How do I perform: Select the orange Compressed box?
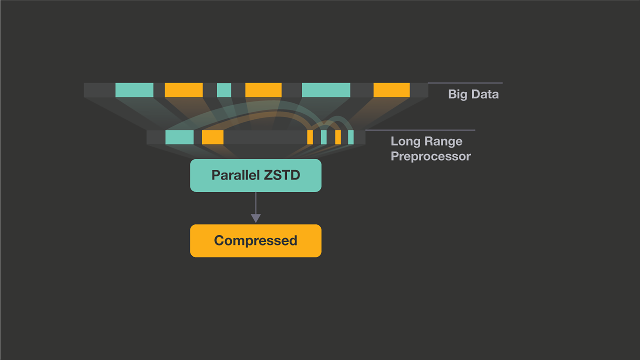click(255, 241)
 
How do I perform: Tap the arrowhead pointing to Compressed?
click(256, 218)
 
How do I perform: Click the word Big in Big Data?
click(458, 94)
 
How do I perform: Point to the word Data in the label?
click(485, 94)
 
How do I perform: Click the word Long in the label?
click(405, 141)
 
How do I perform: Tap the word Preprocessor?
click(430, 156)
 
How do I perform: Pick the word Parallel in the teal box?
click(235, 175)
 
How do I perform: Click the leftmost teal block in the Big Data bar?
click(134, 90)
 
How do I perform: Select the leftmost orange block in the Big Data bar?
click(183, 90)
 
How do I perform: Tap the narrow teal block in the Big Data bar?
click(224, 90)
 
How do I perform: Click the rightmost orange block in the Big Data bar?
click(391, 90)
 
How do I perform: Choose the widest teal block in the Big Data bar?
click(326, 90)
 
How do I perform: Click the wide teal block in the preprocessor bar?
click(179, 137)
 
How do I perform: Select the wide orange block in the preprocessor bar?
click(212, 137)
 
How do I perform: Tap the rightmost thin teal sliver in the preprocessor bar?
click(351, 137)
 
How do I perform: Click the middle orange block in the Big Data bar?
click(263, 90)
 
